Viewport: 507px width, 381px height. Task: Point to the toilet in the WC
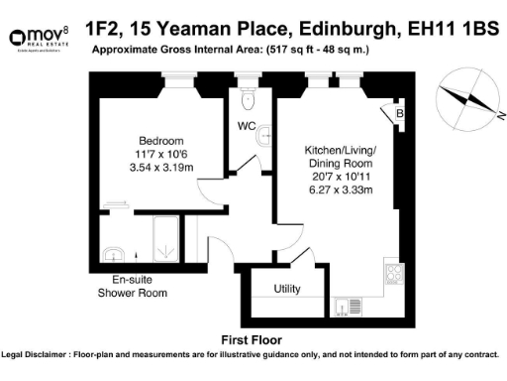coord(250,100)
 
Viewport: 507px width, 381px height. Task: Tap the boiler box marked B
coord(398,115)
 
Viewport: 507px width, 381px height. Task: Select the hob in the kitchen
coord(390,272)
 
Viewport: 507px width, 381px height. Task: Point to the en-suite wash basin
coord(117,251)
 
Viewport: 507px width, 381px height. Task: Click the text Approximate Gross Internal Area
coord(174,49)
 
